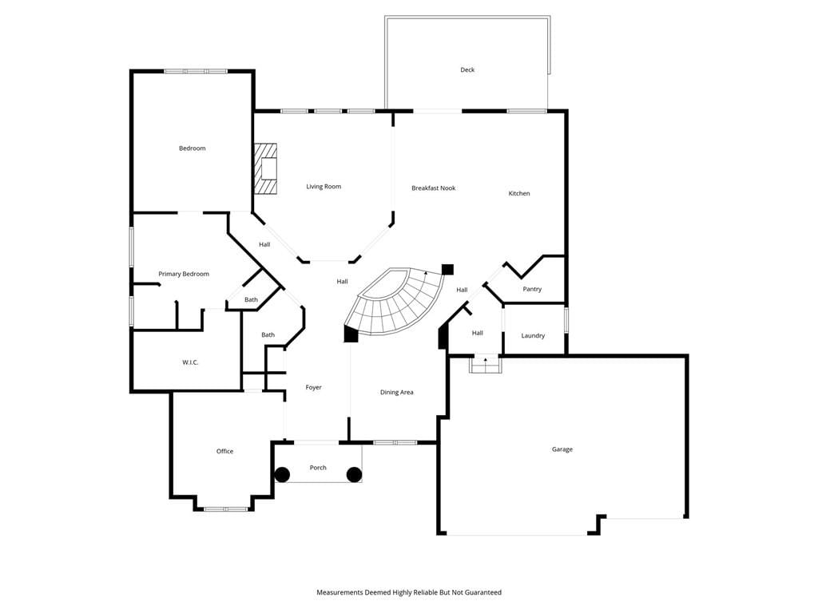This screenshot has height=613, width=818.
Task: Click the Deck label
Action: click(467, 70)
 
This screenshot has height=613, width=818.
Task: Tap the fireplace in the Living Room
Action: click(265, 169)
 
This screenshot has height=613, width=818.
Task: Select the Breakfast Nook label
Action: click(434, 188)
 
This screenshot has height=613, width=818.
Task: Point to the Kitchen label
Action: click(519, 193)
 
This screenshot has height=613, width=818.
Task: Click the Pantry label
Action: click(532, 289)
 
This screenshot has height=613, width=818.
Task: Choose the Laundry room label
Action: click(533, 336)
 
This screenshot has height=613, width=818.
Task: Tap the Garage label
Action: click(562, 449)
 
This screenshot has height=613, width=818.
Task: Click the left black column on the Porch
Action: click(282, 475)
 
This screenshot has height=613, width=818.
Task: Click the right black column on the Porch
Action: click(354, 475)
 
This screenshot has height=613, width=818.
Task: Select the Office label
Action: click(224, 452)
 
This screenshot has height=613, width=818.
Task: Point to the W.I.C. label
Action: click(190, 362)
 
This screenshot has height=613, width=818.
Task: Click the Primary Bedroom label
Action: click(184, 275)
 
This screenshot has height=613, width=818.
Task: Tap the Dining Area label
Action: click(396, 393)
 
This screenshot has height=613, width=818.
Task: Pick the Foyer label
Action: click(313, 387)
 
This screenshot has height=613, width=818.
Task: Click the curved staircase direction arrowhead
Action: click(426, 273)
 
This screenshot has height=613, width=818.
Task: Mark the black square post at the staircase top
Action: click(447, 270)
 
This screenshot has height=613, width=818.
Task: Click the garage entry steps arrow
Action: click(486, 361)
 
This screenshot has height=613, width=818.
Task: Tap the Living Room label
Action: click(324, 187)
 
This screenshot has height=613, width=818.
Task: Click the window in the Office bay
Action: click(225, 508)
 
